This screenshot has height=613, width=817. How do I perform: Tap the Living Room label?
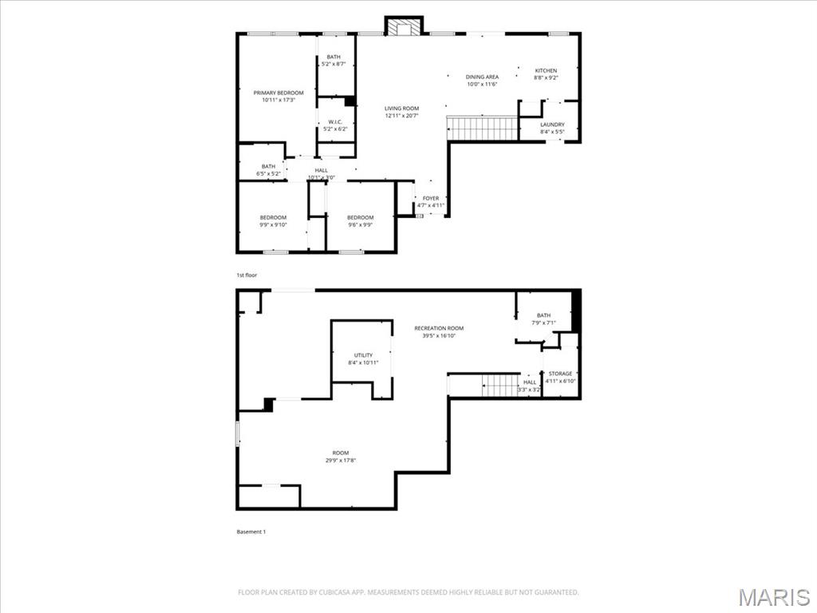click(x=401, y=109)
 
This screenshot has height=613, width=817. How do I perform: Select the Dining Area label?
click(x=482, y=77)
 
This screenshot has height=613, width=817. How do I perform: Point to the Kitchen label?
click(x=546, y=71)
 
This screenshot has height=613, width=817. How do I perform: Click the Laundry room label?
click(x=552, y=125)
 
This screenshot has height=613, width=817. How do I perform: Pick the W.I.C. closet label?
click(x=335, y=122)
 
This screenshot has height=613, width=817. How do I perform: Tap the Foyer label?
click(x=431, y=198)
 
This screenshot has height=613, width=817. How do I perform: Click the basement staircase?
click(x=502, y=386)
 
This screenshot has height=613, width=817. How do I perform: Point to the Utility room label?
click(x=363, y=355)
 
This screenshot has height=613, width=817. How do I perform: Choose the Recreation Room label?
click(x=438, y=328)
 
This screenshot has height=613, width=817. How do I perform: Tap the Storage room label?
click(x=560, y=374)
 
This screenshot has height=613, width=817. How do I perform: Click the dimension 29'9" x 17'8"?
click(x=341, y=461)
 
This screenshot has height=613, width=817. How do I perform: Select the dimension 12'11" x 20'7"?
click(x=401, y=116)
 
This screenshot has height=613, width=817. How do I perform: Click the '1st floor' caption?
click(x=247, y=275)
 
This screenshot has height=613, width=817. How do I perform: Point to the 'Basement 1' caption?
click(x=251, y=532)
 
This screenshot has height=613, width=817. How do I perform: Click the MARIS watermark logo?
click(x=775, y=598)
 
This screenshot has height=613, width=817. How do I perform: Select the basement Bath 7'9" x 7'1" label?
click(x=543, y=315)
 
